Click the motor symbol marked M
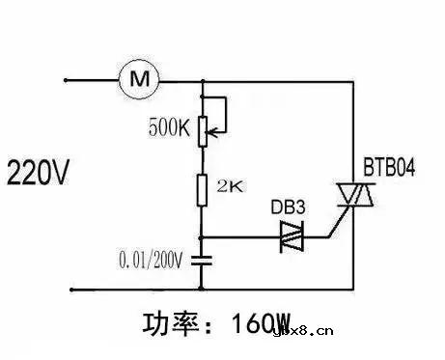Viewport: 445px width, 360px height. pyautogui.click(x=135, y=78)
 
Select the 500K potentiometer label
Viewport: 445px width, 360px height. pyautogui.click(x=169, y=127)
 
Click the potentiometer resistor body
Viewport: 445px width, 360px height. pyautogui.click(x=203, y=128)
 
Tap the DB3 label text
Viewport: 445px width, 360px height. pyautogui.click(x=287, y=207)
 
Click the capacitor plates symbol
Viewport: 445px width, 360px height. pyautogui.click(x=203, y=259)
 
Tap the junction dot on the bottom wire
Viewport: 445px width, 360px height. pyautogui.click(x=203, y=287)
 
